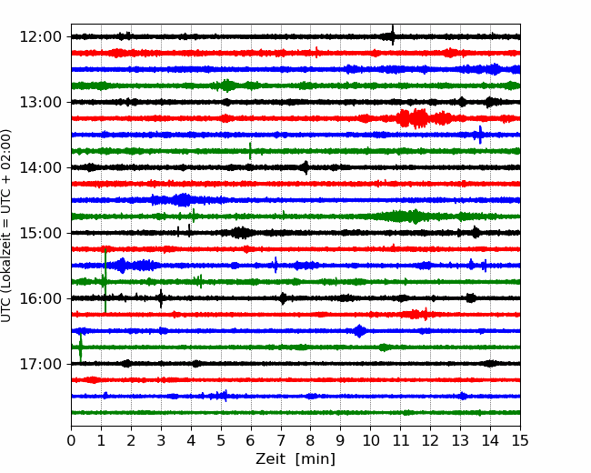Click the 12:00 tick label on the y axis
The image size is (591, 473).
pos(40,37)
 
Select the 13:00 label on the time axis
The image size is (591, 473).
pos(40,102)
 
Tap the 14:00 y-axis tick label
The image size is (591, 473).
pos(40,167)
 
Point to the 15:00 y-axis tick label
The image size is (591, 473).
pos(40,233)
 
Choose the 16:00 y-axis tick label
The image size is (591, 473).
pos(40,298)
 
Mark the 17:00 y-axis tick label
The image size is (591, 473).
pos(40,364)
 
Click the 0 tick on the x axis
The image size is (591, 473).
pos(71,440)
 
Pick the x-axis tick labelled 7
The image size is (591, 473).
pos(281,440)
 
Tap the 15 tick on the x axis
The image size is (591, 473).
pos(520,440)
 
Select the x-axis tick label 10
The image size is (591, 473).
pos(370,440)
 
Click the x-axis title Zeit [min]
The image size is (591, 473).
pos(295,459)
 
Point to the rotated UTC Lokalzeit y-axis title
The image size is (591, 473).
pos(5,226)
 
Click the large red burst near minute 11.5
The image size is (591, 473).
pos(415,118)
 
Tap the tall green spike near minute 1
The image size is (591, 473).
pos(105,280)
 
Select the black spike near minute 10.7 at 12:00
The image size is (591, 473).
pos(393,35)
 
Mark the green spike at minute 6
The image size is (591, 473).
pos(250,151)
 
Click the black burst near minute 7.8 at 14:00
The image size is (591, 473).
pos(306,167)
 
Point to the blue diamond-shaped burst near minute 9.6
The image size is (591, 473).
pos(359,331)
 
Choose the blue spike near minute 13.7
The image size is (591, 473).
pos(480,135)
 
